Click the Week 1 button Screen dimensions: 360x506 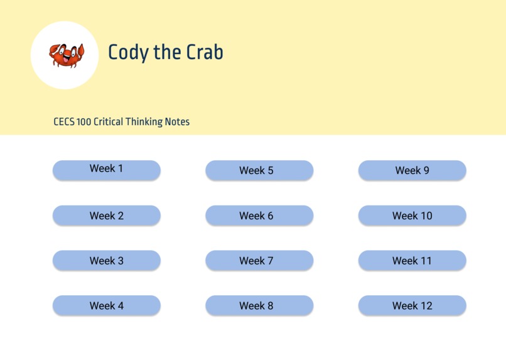pos(106,170)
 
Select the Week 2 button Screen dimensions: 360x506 pos(106,215)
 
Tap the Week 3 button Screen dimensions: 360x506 pos(106,261)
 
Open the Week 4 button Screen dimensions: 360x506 pos(106,306)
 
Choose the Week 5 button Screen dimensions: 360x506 pos(259,170)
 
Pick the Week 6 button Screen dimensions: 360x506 pos(259,215)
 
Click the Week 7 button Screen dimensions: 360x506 pos(259,261)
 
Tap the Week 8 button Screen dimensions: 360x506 pos(259,306)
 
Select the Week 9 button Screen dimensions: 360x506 pos(412,170)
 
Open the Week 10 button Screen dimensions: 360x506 pos(412,215)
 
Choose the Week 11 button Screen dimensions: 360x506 pos(412,261)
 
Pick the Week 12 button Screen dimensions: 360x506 pos(412,306)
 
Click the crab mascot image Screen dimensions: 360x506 pos(66,55)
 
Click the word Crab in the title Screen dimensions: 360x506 pos(205,52)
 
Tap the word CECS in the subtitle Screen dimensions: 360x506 pos(64,122)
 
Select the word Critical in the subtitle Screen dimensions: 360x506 pos(109,122)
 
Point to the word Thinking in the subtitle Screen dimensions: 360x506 pos(144,122)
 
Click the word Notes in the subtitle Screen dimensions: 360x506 pos(177,122)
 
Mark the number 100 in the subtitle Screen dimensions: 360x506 pos(84,122)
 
